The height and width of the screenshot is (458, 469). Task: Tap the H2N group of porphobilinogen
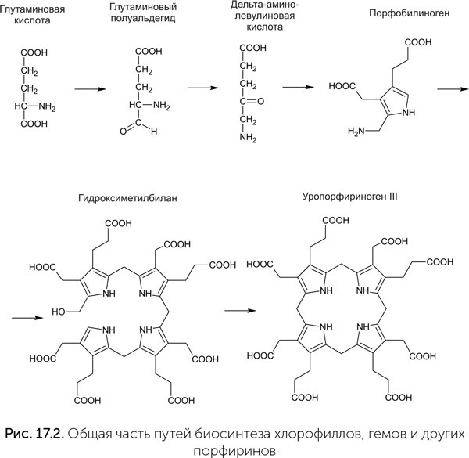coord(358,139)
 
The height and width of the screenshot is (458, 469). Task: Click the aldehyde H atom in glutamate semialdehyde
coord(154,131)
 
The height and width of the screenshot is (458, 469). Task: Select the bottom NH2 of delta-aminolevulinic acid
coord(249,138)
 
